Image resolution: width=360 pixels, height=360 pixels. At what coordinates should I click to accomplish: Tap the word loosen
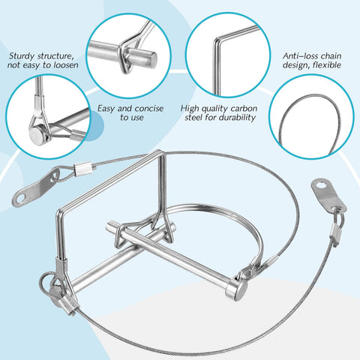(66, 65)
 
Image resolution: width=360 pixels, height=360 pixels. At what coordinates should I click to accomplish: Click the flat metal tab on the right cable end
(328, 194)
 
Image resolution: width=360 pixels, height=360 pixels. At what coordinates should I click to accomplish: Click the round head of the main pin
(236, 288)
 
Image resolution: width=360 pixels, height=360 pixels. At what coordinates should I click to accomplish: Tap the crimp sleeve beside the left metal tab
(85, 169)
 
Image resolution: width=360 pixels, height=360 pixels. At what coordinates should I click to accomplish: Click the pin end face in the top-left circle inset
(152, 58)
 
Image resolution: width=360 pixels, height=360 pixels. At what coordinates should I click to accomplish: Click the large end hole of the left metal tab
(20, 199)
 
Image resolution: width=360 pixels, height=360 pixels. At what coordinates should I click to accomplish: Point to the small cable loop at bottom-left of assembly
(44, 283)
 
